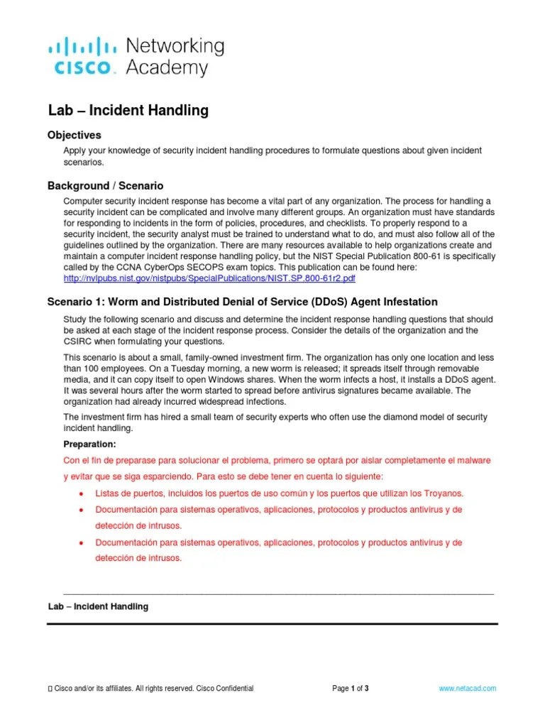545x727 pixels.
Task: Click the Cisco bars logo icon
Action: pos(82,47)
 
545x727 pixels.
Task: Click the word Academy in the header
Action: pos(167,68)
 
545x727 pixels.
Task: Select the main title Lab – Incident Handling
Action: pos(128,110)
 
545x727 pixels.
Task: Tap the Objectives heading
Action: pos(74,135)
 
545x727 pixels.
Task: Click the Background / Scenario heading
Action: pos(105,186)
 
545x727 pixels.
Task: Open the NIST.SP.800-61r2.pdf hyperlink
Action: pos(209,278)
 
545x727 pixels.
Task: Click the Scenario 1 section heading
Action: pos(242,302)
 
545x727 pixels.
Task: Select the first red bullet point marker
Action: pos(83,493)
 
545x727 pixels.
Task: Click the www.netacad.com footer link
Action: pos(468,689)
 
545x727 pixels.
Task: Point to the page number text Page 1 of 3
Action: pos(351,689)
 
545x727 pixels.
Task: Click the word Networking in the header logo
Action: pos(175,47)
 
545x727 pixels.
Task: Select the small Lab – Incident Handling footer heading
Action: pos(98,607)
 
